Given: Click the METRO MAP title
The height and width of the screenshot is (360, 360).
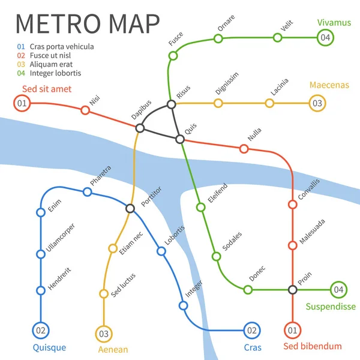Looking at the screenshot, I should (87, 23).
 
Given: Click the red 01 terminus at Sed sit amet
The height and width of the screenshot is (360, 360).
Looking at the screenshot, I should (22, 103).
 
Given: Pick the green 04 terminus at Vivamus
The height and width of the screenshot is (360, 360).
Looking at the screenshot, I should (325, 37).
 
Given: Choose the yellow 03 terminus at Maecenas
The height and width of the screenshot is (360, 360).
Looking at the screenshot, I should (317, 103).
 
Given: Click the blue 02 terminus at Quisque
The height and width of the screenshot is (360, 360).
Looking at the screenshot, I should (41, 329).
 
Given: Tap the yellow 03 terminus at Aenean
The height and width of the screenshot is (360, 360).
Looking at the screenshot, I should (104, 333).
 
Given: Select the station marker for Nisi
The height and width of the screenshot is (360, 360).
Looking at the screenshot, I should (85, 110).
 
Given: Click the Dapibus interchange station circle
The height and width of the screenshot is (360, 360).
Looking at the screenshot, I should (140, 128).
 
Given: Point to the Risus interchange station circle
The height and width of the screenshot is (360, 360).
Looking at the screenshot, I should (172, 104).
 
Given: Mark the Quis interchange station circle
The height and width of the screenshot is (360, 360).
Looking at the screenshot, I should (179, 139).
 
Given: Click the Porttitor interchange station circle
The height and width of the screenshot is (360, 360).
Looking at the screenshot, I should (130, 208).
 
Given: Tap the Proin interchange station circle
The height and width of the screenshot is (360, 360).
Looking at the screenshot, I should (292, 290).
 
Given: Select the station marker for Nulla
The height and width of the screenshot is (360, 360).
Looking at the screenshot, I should (244, 148).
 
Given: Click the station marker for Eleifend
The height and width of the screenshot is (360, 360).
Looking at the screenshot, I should (201, 207).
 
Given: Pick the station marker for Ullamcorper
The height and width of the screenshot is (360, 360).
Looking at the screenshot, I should (41, 254).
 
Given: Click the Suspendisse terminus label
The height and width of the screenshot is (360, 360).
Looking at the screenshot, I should (331, 307).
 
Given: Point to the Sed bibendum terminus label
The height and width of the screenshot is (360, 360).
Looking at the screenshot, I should (312, 346).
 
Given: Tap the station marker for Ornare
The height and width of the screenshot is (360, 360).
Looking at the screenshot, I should (218, 39).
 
